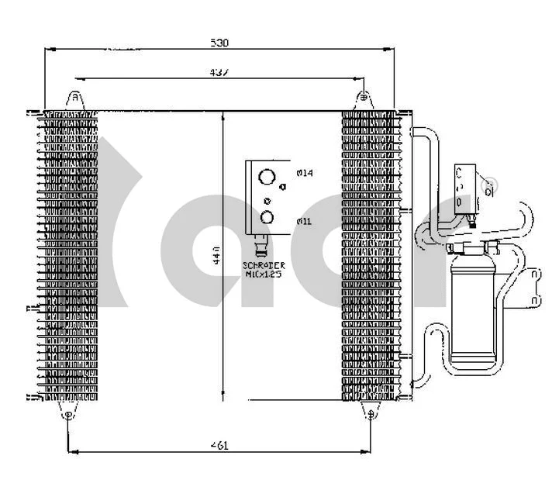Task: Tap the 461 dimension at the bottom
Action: (x=220, y=445)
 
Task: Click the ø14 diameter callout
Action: (x=304, y=173)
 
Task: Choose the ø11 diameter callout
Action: (x=304, y=221)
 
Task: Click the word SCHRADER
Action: (x=264, y=266)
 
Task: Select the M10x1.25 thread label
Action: (x=264, y=274)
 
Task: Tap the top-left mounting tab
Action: (x=74, y=100)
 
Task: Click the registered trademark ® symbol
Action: (x=489, y=186)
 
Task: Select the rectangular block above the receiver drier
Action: (x=467, y=187)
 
